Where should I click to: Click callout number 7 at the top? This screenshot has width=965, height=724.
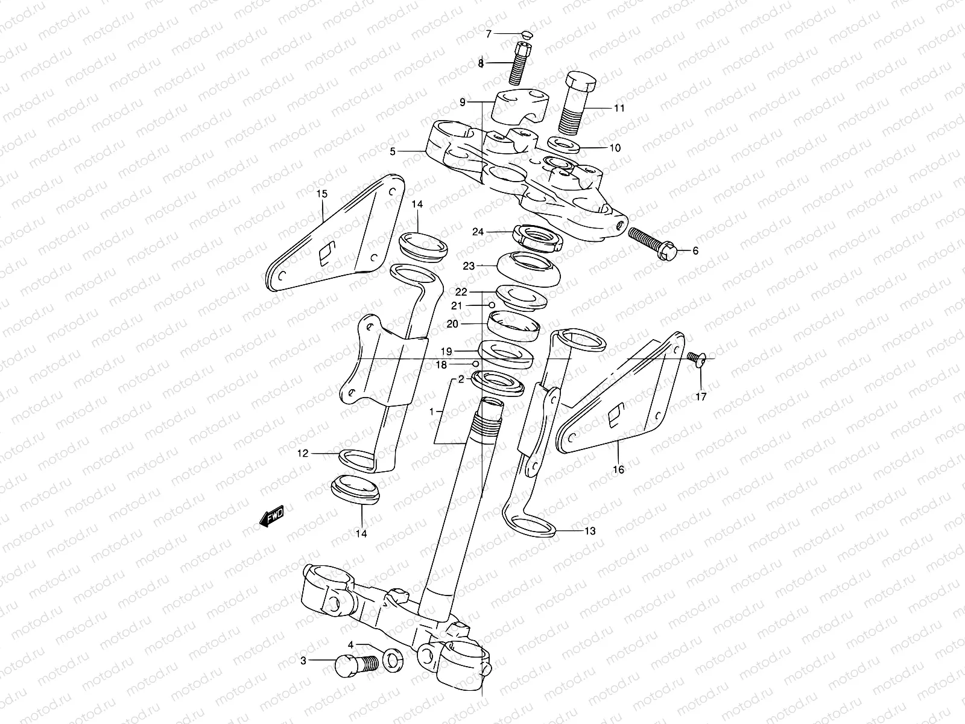click(489, 34)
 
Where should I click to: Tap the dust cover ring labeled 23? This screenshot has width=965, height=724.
click(529, 270)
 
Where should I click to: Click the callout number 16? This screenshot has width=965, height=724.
click(619, 469)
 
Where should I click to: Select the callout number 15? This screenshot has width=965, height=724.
click(322, 194)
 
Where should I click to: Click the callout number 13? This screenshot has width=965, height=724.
click(590, 531)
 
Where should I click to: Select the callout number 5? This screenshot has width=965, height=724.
click(393, 152)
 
